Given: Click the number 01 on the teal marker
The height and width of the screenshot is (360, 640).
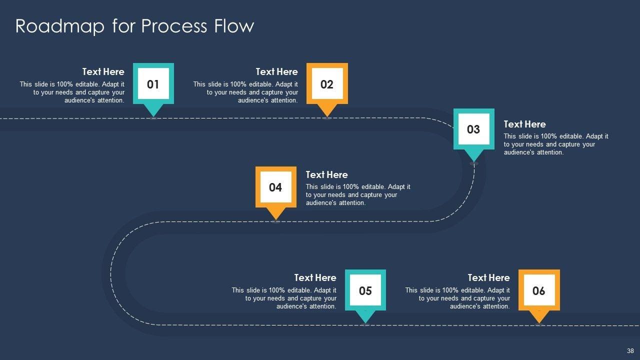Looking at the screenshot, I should point(153,84).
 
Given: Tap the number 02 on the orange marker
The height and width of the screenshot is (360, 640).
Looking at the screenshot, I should point(326,84).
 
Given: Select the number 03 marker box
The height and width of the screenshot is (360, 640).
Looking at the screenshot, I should point(473,129).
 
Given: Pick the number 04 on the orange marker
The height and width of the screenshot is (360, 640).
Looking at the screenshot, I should point(275,187).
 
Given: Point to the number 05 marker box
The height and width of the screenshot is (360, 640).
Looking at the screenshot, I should point(365,291).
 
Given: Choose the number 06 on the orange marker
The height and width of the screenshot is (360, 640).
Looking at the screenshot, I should point(538,291).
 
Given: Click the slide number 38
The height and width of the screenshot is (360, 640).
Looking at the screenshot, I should point(630,351).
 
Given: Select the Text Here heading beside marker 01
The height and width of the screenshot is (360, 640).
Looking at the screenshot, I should point(103,71).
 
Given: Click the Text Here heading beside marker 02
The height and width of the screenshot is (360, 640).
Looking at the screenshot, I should point(276,71).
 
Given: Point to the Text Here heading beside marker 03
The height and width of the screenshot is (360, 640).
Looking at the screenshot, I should point(524,124).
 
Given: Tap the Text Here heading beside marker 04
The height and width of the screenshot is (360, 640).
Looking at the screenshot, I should point(326,174).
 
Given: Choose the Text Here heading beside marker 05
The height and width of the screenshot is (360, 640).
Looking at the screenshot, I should point(315,277).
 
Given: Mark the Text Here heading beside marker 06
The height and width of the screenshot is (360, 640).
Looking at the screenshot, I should point(488,277).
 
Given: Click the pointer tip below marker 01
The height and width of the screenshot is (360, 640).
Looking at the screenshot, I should point(153,112).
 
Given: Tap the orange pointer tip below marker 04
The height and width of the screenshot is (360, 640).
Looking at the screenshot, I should point(275,215).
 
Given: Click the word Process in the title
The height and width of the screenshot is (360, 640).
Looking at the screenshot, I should point(174,26).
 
